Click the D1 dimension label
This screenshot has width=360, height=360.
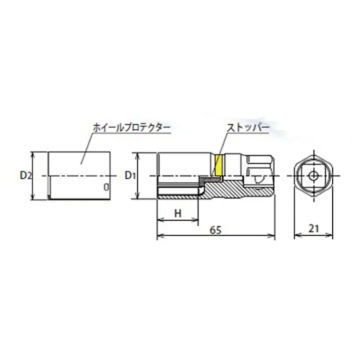pyautogui.click(x=131, y=176)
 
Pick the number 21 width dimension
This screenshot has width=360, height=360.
pyautogui.click(x=314, y=229)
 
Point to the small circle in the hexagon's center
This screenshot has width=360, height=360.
pyautogui.click(x=314, y=176)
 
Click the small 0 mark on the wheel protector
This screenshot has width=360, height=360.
pyautogui.click(x=106, y=186)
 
